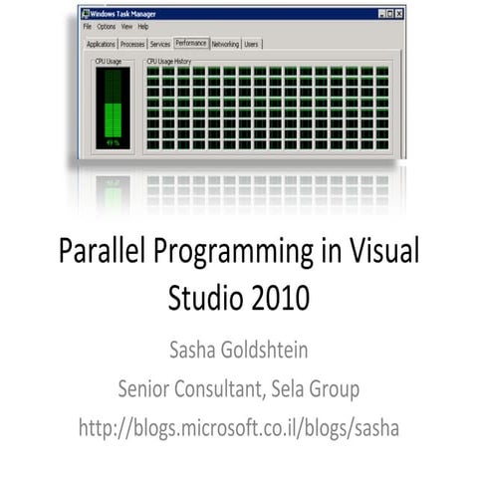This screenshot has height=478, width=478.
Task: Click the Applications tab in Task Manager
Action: coord(101,45)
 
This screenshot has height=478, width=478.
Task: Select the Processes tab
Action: coord(132,45)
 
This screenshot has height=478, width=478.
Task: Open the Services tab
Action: coord(159,45)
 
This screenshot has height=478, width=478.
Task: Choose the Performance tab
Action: coord(190,44)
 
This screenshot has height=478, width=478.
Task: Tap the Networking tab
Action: coord(225,45)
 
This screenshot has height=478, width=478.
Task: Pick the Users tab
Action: coord(251,45)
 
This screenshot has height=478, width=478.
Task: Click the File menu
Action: coord(88,26)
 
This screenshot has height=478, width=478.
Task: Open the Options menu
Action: coord(107,26)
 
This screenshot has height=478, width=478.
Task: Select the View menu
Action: coord(126,26)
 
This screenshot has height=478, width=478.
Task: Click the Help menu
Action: coord(143,26)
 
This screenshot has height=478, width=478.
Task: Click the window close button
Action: coord(398,13)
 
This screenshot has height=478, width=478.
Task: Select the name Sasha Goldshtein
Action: coord(238,350)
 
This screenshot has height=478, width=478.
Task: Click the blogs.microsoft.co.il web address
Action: coord(238,427)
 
